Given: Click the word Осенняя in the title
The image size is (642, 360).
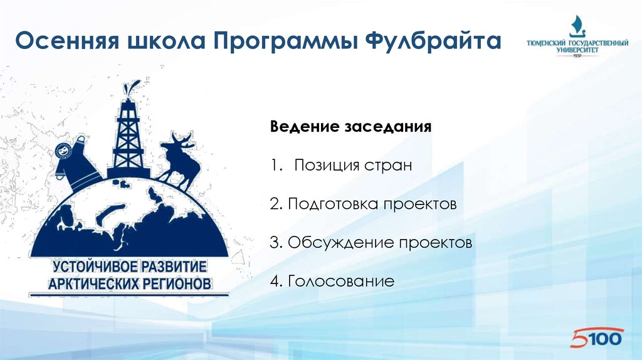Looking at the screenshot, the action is click(67, 40).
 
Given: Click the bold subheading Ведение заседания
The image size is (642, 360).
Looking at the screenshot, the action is click(351, 127).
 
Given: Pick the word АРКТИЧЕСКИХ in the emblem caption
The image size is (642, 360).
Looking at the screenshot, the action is click(93, 283).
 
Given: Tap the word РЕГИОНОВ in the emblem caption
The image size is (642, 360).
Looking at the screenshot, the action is click(177, 283).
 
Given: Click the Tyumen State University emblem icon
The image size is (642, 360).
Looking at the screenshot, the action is click(577, 26).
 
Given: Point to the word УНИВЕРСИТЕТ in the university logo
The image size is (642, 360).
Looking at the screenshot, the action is click(577, 50).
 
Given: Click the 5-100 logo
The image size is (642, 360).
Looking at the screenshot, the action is click(597, 337).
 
